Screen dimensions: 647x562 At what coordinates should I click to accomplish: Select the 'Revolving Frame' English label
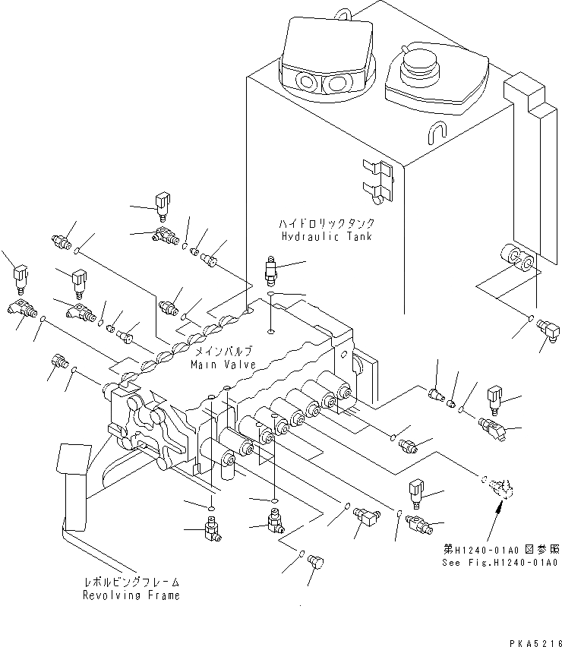[x=131, y=595]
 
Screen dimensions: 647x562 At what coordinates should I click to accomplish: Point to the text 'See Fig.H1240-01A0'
[x=500, y=563]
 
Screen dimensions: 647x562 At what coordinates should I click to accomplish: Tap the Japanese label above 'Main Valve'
[x=223, y=352]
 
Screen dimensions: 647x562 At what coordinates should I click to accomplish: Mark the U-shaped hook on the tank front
[x=436, y=134]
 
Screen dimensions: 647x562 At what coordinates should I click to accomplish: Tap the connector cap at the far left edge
[x=21, y=276]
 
